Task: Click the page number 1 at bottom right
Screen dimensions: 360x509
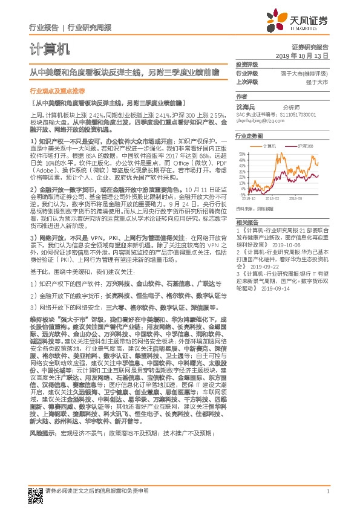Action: tap(327, 491)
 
